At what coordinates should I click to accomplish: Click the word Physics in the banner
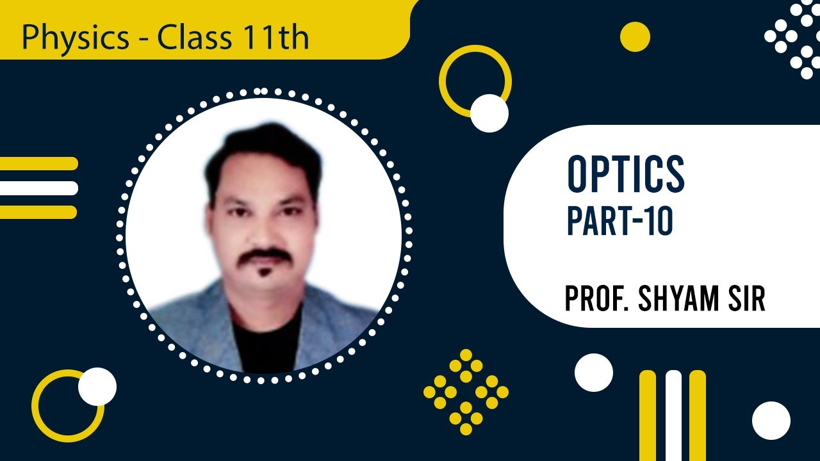pos(75,38)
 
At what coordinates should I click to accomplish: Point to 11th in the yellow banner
pos(276,38)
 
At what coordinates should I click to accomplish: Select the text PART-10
pos(620,222)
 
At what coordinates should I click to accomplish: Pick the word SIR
pos(748,298)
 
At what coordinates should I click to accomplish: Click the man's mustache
pos(266,255)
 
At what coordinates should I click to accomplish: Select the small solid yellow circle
pos(635,36)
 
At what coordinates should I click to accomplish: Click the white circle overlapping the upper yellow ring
pos(489,113)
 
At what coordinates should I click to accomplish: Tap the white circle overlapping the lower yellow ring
pos(97,387)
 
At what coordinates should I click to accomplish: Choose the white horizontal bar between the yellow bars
pos(38,188)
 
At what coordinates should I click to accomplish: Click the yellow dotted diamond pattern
pos(466,392)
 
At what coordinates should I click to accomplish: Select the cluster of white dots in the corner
pos(794,38)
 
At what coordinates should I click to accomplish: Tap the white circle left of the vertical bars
pos(594,373)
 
